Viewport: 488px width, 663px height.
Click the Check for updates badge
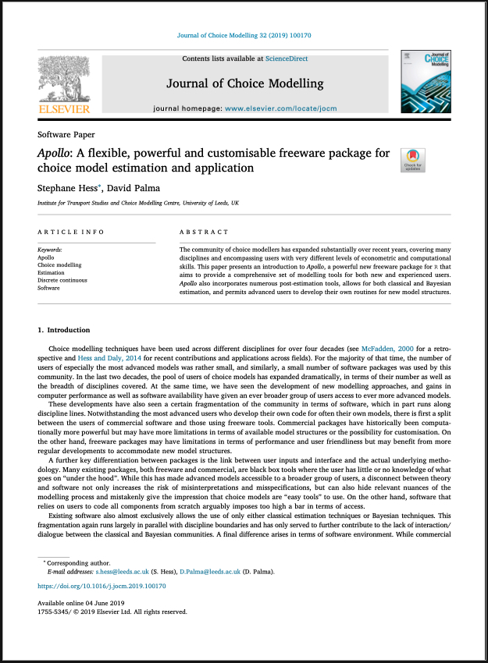pyautogui.click(x=411, y=160)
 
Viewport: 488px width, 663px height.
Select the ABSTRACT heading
pyautogui.click(x=205, y=232)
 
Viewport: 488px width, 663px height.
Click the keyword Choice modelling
pyautogui.click(x=59, y=265)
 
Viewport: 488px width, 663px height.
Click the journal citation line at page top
pyautogui.click(x=244, y=36)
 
